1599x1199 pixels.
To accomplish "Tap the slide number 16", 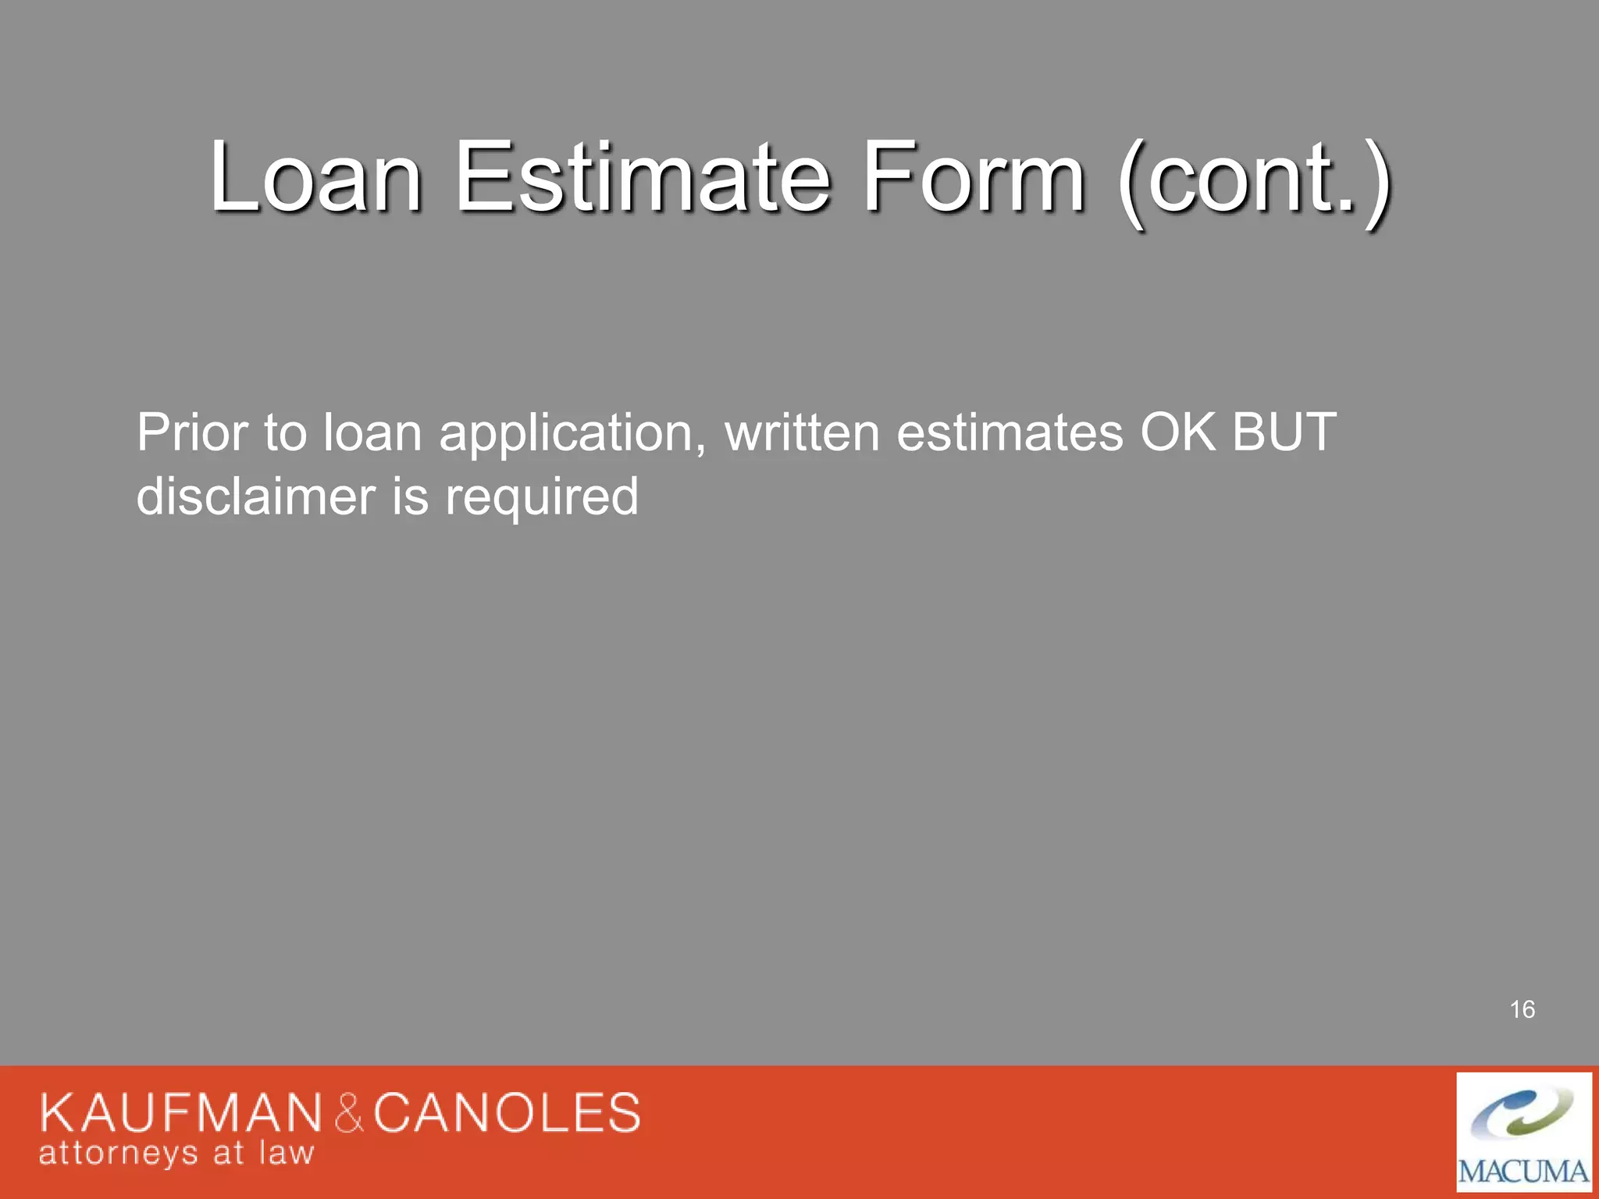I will (x=1522, y=1009).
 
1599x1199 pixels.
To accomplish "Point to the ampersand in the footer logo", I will (x=349, y=1114).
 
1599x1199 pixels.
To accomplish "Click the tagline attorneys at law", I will (x=176, y=1154).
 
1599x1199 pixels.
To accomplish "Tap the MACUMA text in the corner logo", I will (x=1523, y=1172).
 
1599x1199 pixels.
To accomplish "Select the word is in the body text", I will (x=410, y=496).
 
